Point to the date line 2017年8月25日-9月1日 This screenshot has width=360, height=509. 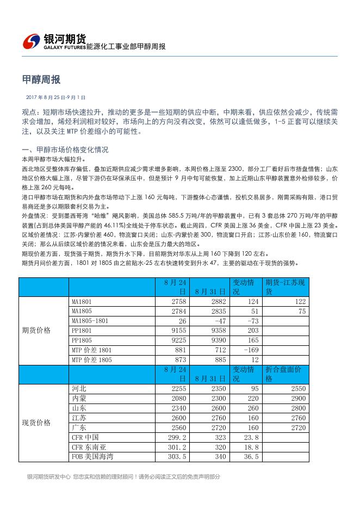(56, 97)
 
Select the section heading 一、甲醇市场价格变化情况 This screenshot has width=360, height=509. (65, 150)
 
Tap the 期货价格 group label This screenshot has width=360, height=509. (36, 331)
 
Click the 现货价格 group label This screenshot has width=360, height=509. (36, 423)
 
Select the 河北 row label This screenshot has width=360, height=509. (79, 389)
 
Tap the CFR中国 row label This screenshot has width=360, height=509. (85, 437)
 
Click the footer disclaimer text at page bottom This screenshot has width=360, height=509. (123, 477)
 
